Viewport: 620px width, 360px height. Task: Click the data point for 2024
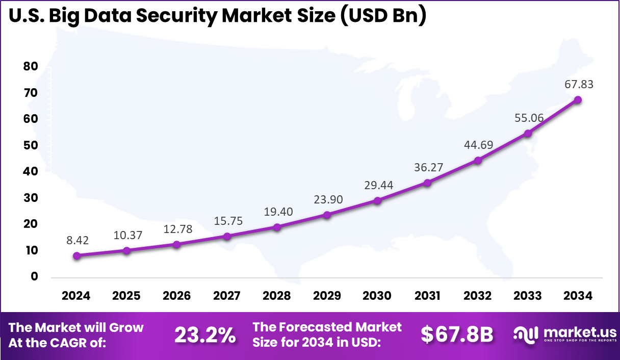(76, 255)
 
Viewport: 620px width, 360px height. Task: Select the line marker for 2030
(377, 200)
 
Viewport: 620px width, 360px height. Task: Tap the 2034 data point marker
(578, 100)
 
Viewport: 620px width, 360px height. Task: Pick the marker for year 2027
(227, 236)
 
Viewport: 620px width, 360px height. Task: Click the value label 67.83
(578, 84)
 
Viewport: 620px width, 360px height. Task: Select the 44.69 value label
(478, 145)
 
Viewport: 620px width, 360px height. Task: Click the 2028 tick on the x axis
(277, 296)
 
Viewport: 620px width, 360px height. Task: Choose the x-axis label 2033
(528, 296)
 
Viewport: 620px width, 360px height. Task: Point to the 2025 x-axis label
(126, 296)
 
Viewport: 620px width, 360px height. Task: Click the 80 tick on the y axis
(31, 66)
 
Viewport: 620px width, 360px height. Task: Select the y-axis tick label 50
(31, 145)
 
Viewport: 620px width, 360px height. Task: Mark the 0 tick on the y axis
(34, 276)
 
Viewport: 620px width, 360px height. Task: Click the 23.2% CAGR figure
(205, 335)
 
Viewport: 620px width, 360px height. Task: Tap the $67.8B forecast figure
(457, 335)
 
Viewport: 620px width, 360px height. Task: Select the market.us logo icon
(526, 334)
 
